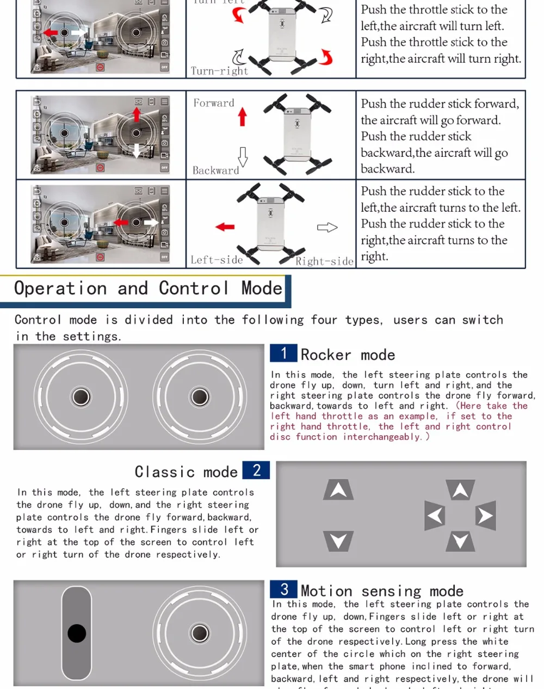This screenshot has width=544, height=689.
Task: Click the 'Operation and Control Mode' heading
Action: [148, 288]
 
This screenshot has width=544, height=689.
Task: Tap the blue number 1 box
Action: [283, 353]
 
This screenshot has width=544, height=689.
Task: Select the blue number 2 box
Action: [257, 470]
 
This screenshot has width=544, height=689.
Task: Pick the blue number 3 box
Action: [284, 589]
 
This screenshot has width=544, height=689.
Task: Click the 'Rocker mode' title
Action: [348, 355]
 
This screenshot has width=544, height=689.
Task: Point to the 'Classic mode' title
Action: [186, 472]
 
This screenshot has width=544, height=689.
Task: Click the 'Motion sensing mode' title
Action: [382, 591]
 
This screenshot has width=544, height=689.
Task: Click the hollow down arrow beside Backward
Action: [243, 156]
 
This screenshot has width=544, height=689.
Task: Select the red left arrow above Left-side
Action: [225, 227]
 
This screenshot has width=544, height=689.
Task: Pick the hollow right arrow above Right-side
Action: [327, 227]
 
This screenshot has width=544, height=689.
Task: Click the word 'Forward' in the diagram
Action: [214, 103]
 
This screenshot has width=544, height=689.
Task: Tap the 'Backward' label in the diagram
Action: [216, 170]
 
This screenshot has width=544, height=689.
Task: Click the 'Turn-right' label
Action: [219, 71]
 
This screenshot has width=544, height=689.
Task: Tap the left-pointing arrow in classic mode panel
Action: [435, 515]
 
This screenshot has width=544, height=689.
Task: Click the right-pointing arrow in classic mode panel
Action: [485, 515]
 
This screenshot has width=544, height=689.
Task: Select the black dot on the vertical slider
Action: [77, 633]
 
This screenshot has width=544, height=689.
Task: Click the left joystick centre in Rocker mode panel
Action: [81, 397]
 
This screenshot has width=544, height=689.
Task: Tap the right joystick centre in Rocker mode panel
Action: [200, 397]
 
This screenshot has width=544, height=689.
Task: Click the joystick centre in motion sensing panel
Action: [200, 633]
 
